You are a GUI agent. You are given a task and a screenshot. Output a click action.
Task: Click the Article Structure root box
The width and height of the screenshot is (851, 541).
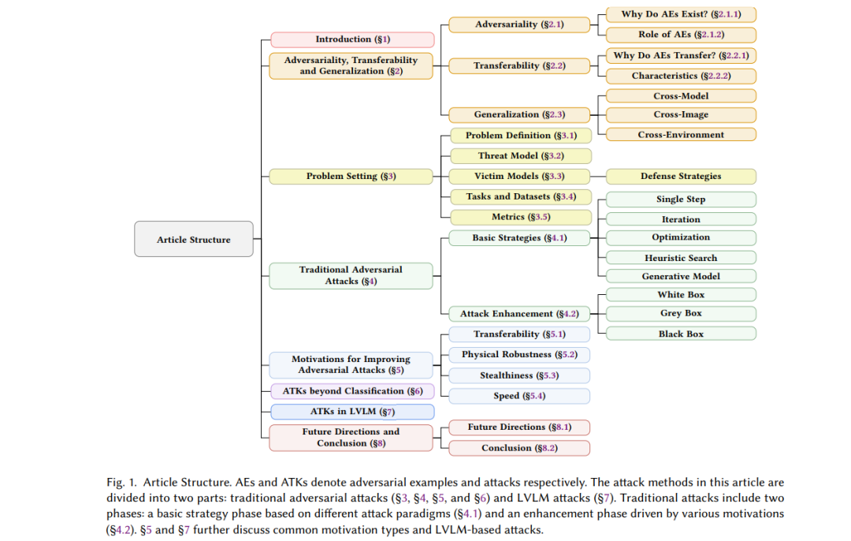[x=194, y=239]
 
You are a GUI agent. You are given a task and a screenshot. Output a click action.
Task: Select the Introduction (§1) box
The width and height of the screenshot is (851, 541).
[x=352, y=39]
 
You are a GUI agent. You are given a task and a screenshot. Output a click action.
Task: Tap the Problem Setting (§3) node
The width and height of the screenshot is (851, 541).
[x=351, y=176]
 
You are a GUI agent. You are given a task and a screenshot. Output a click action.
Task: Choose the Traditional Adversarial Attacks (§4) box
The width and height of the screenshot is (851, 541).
[x=351, y=275]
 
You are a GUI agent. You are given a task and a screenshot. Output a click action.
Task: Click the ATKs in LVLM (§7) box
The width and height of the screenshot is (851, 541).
[x=352, y=412]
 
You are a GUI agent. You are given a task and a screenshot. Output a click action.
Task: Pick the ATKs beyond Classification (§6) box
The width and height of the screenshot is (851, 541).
[x=352, y=391]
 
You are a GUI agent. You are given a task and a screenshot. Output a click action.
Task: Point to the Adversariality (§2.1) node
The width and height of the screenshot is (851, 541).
[x=519, y=24]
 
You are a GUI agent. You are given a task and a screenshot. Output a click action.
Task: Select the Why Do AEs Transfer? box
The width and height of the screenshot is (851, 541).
[x=681, y=56]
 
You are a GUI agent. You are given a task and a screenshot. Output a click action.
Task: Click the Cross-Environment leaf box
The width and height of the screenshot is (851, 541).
[x=681, y=135]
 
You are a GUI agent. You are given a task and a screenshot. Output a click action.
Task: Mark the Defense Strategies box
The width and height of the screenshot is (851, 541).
[x=681, y=176]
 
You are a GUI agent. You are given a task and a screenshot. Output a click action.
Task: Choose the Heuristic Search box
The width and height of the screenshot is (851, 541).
[x=681, y=258]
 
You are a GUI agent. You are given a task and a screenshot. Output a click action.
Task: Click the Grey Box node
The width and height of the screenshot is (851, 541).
[x=681, y=313]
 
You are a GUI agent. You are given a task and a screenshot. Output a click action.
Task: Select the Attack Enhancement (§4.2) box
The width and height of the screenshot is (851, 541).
[x=519, y=313]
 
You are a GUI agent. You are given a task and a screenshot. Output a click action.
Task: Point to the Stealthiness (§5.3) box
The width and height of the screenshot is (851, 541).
[x=519, y=375]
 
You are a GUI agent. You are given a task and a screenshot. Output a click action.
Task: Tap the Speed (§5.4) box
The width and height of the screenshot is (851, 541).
[x=519, y=396]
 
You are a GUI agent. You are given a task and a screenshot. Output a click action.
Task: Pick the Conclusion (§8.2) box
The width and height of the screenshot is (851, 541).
[x=519, y=448]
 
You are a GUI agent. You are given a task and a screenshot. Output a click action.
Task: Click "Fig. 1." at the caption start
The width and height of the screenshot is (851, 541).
[x=121, y=482]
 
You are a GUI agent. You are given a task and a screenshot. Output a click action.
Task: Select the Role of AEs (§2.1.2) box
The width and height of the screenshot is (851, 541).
[x=681, y=35]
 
